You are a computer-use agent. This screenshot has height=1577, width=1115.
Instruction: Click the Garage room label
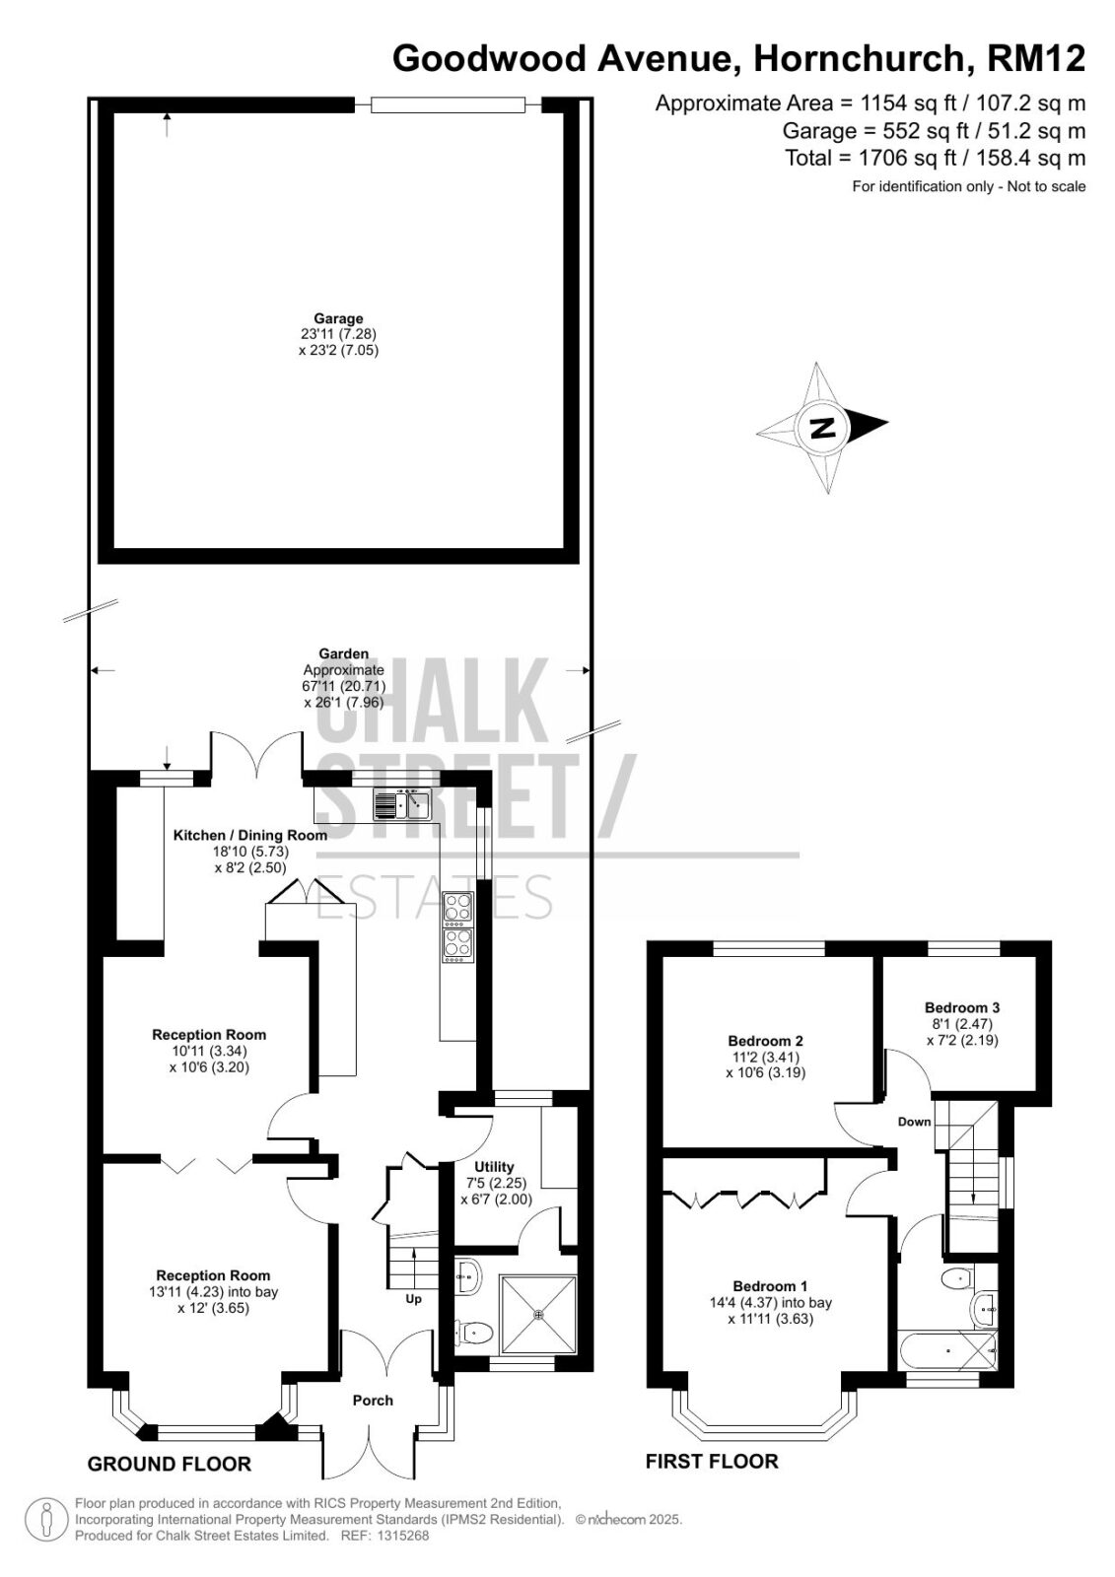coord(339,319)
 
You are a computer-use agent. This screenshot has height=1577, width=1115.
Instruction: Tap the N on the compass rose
coord(821,428)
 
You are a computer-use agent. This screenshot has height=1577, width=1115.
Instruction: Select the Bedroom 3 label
coord(962,1007)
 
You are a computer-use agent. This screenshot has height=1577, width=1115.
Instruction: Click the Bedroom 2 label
coord(766,1041)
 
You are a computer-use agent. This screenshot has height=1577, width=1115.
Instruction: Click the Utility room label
coord(495,1167)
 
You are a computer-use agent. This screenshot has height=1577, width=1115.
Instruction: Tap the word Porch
coord(373,1401)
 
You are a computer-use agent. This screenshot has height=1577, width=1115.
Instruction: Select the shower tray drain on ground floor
coord(539,1315)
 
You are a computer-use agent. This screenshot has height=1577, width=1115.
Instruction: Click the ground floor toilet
coord(473,1330)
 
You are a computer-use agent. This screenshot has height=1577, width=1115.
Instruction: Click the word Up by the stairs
coord(413,1299)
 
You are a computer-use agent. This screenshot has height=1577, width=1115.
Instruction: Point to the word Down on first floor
coord(914,1122)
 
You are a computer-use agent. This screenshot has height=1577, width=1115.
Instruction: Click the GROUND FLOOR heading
coord(169,1465)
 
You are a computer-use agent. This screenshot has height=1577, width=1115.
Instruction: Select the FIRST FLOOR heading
coord(712,1462)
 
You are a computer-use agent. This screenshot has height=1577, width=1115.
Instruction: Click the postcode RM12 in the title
coord(1036,58)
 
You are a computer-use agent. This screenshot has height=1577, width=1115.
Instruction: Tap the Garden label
coord(344,654)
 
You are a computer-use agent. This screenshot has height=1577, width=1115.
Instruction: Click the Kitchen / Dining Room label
coord(250,836)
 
